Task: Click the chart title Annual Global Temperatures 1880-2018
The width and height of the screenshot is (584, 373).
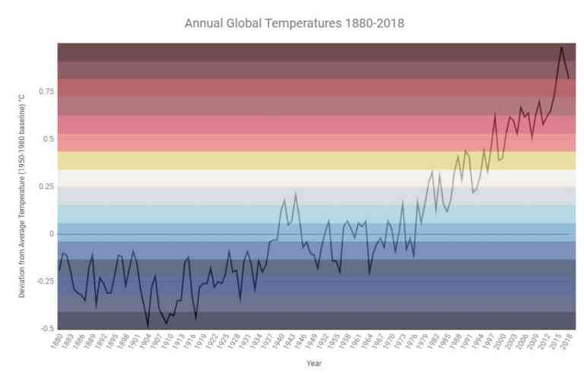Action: click(294, 24)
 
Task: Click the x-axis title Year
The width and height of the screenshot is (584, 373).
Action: click(313, 363)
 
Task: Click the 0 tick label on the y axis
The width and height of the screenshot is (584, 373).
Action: click(51, 234)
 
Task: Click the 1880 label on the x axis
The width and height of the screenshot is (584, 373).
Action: click(56, 343)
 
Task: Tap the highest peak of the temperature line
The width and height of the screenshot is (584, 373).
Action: click(561, 47)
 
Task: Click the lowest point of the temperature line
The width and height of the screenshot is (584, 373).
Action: click(148, 327)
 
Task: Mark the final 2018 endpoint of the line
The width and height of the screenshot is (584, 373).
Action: click(569, 78)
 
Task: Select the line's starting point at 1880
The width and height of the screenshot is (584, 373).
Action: click(59, 270)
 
